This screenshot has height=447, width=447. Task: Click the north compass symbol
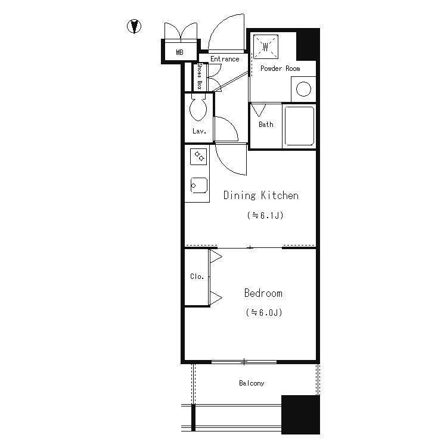pyautogui.click(x=134, y=26)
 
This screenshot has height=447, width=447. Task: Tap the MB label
pyautogui.click(x=179, y=52)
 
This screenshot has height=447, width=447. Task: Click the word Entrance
pyautogui.click(x=225, y=59)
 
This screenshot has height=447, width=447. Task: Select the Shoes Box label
pyautogui.click(x=200, y=76)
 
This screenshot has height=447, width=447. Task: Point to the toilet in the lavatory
pyautogui.click(x=198, y=108)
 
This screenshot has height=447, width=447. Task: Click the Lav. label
pyautogui.click(x=199, y=131)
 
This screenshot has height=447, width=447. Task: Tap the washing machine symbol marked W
pyautogui.click(x=266, y=46)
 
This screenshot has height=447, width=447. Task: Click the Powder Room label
pyautogui.click(x=280, y=69)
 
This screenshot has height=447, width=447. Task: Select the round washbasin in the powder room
pyautogui.click(x=303, y=89)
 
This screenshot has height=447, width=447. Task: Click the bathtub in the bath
pyautogui.click(x=299, y=126)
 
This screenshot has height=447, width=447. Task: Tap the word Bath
pyautogui.click(x=266, y=125)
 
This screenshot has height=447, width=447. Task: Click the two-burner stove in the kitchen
pyautogui.click(x=198, y=157)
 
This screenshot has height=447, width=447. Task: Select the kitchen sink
pyautogui.click(x=198, y=185)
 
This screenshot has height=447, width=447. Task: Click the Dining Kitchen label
pyautogui.click(x=261, y=195)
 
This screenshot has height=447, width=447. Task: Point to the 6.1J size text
pyautogui.click(x=265, y=215)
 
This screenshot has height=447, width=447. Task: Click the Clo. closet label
pyautogui.click(x=197, y=276)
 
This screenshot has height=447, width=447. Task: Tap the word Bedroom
pyautogui.click(x=263, y=293)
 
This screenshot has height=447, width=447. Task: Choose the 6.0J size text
pyautogui.click(x=264, y=312)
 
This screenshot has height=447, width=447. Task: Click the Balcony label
pyautogui.click(x=252, y=383)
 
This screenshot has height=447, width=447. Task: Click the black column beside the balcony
pyautogui.click(x=300, y=414)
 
